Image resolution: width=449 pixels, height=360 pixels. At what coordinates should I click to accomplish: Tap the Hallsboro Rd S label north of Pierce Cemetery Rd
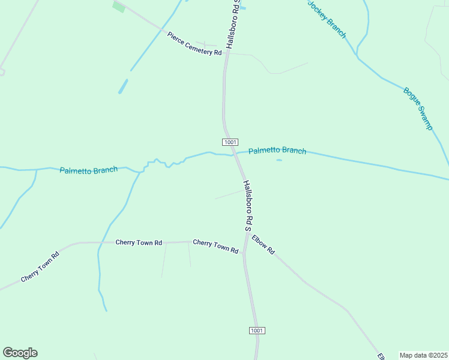coord(233,24)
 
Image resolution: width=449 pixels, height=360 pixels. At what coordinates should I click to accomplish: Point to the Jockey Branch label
coord(327,19)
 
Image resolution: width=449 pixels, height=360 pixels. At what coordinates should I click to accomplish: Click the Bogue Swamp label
coord(418,109)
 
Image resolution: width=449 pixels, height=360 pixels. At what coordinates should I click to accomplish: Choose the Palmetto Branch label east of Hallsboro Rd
coord(277,151)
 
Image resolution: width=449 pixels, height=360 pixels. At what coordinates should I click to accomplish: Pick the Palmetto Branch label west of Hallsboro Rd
coord(89,170)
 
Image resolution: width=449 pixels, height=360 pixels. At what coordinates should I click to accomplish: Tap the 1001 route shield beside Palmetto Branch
coord(231,142)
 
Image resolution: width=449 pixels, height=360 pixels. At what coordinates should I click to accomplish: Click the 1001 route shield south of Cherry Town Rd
coord(256,331)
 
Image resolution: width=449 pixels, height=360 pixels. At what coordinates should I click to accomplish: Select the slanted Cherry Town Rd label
coord(40,267)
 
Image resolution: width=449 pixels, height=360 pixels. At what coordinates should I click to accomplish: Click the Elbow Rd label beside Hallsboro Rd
coord(263,244)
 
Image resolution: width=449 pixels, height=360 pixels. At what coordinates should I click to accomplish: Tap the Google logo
coord(20,353)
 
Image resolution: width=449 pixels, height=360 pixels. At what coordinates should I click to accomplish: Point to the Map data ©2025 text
coord(423,355)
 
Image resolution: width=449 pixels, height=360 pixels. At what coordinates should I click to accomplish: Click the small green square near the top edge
coord(119,7)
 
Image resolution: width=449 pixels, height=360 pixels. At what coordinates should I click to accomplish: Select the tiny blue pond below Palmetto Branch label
coord(279,160)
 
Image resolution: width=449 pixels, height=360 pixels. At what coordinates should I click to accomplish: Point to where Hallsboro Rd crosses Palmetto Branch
coord(235,154)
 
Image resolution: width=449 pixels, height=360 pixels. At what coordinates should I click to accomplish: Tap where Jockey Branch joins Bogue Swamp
coord(358,57)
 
